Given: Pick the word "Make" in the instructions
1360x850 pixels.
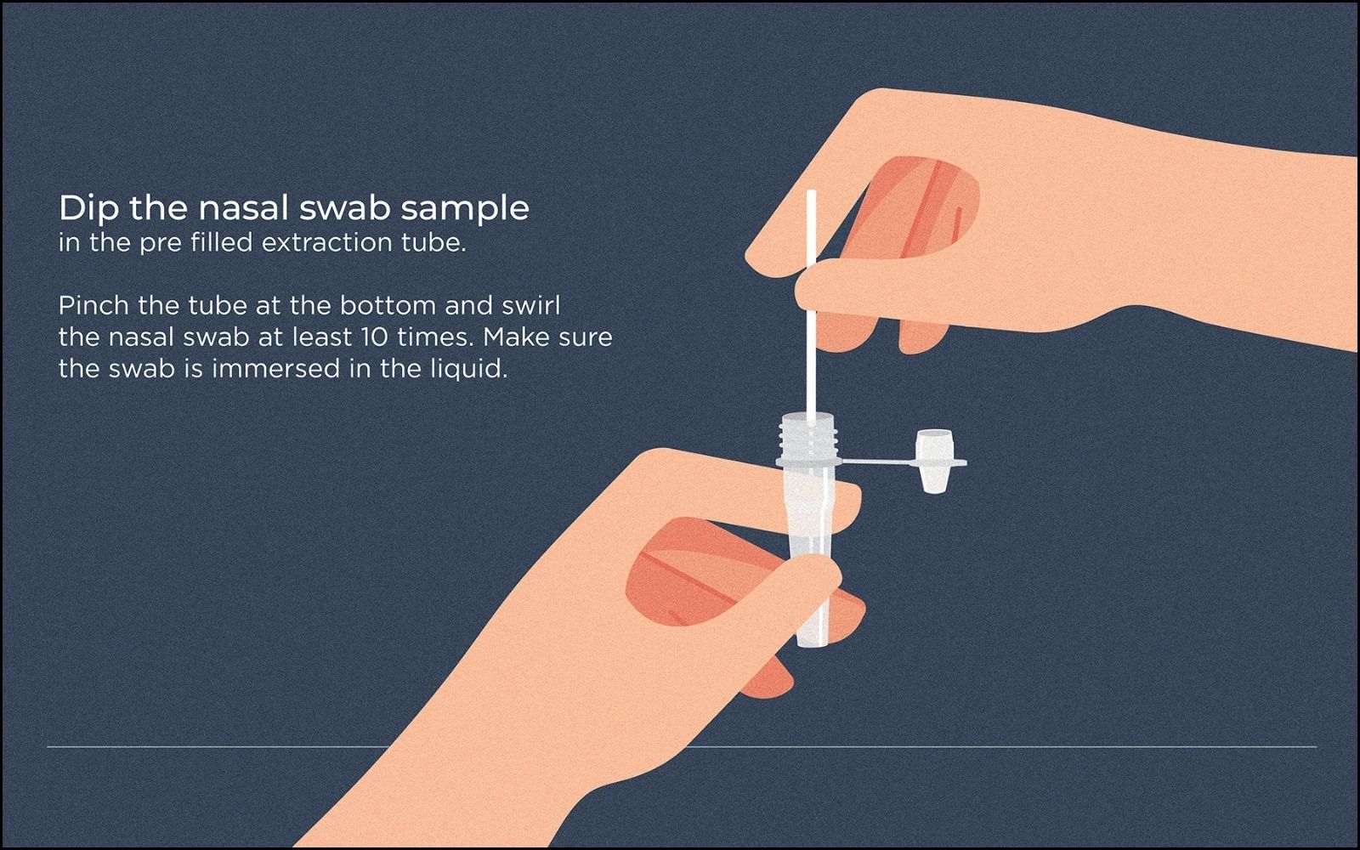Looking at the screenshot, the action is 513,337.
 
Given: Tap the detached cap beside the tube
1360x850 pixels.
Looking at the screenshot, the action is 934,461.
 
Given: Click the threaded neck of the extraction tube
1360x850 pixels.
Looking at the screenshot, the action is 807,436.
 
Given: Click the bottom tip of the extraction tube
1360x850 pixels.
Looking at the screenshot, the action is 812,646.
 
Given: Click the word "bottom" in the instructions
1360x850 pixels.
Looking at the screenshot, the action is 388,305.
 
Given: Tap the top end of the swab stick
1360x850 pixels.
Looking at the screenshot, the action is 811,191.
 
